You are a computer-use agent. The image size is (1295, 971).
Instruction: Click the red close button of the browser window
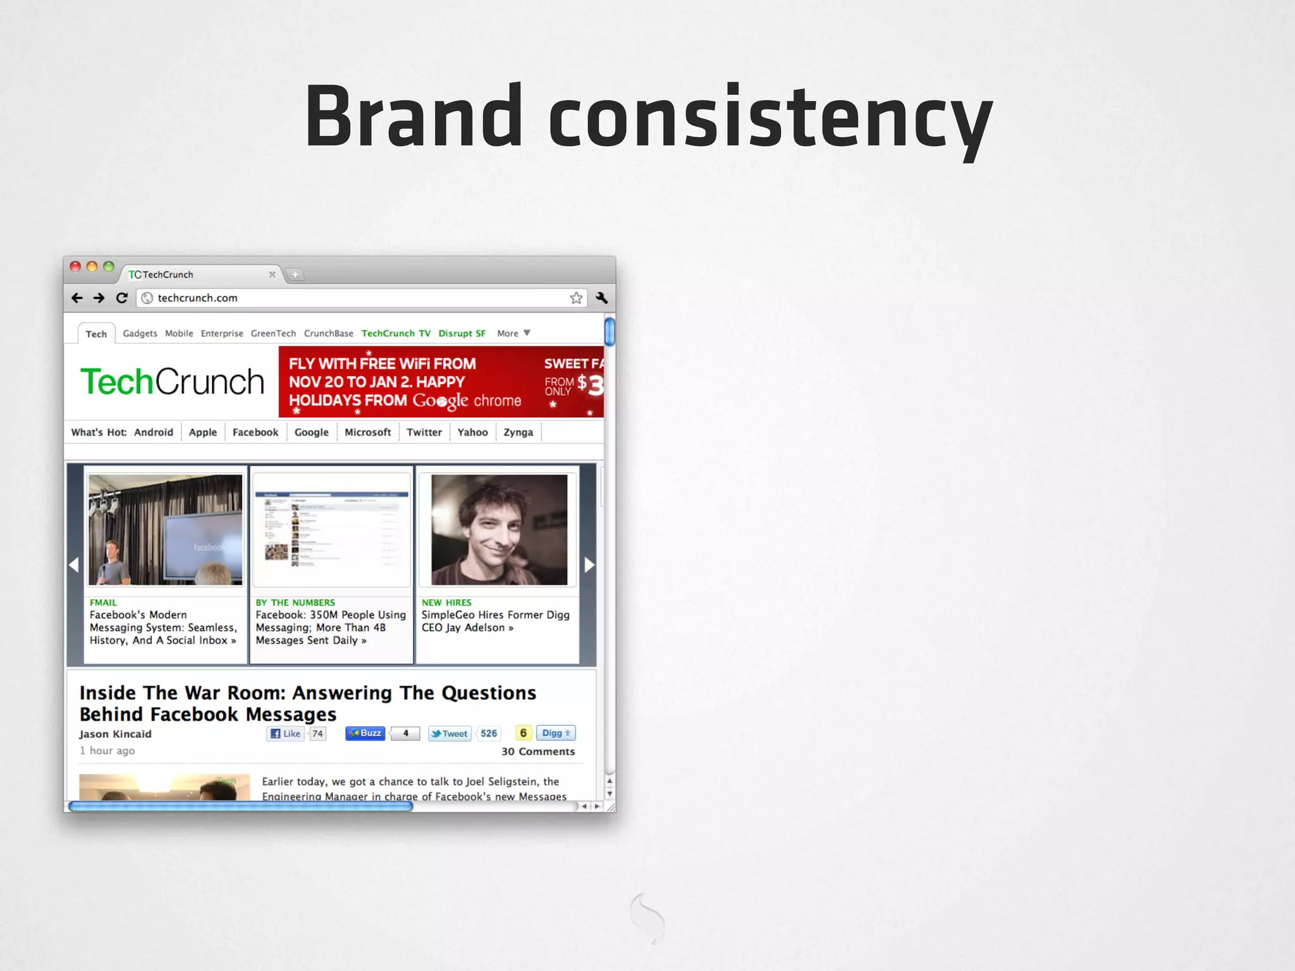point(75,267)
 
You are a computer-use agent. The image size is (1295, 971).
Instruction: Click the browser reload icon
point(122,298)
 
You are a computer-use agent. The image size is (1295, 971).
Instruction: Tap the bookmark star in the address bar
point(576,298)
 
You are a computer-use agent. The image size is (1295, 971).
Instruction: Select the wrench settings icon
point(601,298)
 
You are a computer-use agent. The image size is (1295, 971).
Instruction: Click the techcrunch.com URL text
point(197,298)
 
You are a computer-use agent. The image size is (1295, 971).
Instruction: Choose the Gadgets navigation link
point(140,333)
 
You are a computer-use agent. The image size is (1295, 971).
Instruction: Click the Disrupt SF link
point(462,333)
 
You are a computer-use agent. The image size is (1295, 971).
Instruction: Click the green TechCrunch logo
point(172,382)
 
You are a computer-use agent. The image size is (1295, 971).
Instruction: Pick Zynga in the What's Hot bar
point(518,432)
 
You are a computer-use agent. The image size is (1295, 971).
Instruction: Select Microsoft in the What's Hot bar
point(367,432)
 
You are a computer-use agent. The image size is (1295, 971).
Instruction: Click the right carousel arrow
point(589,565)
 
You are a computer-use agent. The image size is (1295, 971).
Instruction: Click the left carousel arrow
point(74,565)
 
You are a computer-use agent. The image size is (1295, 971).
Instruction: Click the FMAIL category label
point(103,602)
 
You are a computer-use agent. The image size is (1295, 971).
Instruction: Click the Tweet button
point(450,733)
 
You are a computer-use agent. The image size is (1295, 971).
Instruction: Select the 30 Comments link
point(538,752)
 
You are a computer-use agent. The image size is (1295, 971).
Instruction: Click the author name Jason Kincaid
point(115,734)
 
